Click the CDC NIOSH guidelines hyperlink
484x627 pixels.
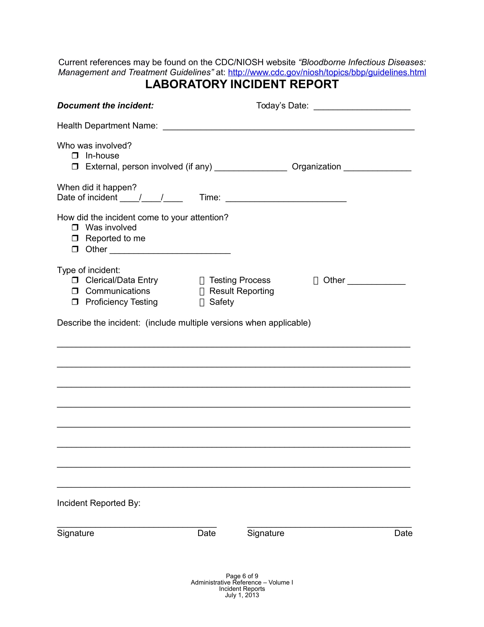327,72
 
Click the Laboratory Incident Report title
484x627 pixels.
242,84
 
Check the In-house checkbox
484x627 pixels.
75,156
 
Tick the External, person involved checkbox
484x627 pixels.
75,166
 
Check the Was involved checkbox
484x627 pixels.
75,227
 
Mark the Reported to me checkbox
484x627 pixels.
75,238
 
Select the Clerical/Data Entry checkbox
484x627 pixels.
75,280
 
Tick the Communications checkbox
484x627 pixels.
75,291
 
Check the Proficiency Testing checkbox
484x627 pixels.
75,302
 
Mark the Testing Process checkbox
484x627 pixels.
202,280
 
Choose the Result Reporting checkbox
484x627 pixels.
202,291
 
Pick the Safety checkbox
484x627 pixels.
202,302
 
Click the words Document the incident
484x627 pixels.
106,106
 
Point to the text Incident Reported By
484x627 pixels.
99,503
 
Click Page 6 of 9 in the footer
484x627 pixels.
242,576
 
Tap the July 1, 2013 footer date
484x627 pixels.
242,595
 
